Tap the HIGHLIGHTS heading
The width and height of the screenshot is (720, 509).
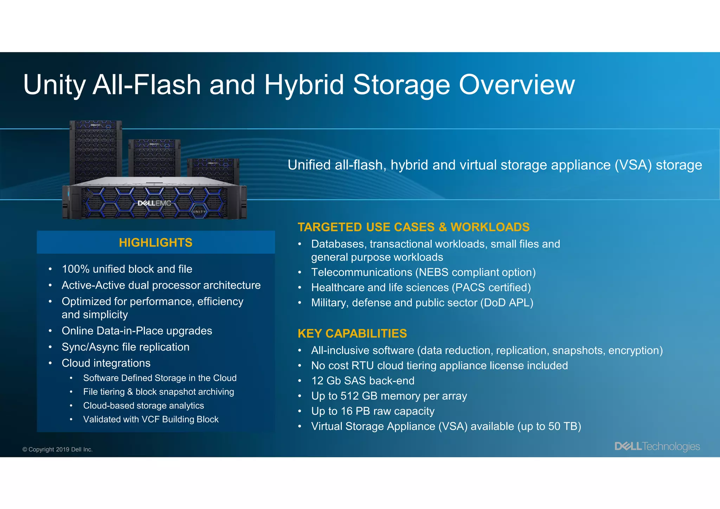(x=156, y=243)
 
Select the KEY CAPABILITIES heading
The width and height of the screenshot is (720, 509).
(x=352, y=333)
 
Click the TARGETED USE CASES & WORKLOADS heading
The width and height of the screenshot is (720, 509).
(x=413, y=227)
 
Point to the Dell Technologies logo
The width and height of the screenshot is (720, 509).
(x=657, y=446)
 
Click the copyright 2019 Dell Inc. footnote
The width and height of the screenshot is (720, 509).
(x=58, y=450)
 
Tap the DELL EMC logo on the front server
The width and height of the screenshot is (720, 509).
(x=154, y=203)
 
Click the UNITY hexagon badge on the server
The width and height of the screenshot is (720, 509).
(x=199, y=211)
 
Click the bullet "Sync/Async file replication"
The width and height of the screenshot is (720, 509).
(x=126, y=347)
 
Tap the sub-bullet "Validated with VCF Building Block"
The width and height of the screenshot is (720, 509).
(x=151, y=419)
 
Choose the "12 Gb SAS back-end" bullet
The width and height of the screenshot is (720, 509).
(x=362, y=381)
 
